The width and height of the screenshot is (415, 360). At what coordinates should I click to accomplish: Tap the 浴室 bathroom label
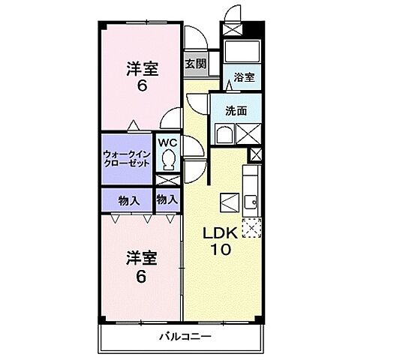tap(242, 76)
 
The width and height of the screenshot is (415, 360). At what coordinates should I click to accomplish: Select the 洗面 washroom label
tap(236, 110)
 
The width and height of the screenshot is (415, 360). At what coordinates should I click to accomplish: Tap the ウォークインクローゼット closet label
tap(126, 158)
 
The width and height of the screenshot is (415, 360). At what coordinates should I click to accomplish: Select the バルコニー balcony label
tap(185, 336)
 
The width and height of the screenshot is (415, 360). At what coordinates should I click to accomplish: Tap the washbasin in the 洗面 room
tap(223, 135)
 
